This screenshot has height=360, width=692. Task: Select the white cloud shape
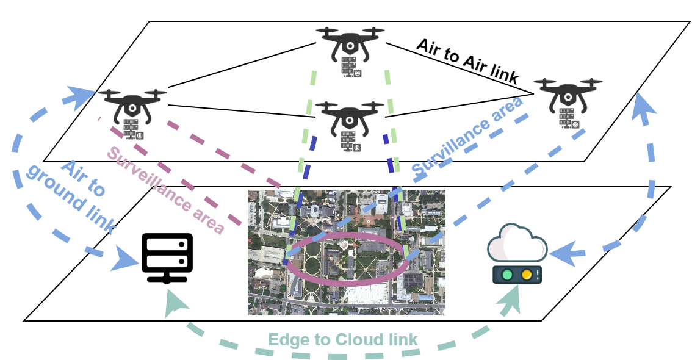point(517,244)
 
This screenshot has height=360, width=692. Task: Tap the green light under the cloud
point(506,275)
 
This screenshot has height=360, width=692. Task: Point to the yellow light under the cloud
point(526,275)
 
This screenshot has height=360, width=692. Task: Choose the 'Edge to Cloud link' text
point(344,340)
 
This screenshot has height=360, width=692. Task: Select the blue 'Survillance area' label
point(468,135)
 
